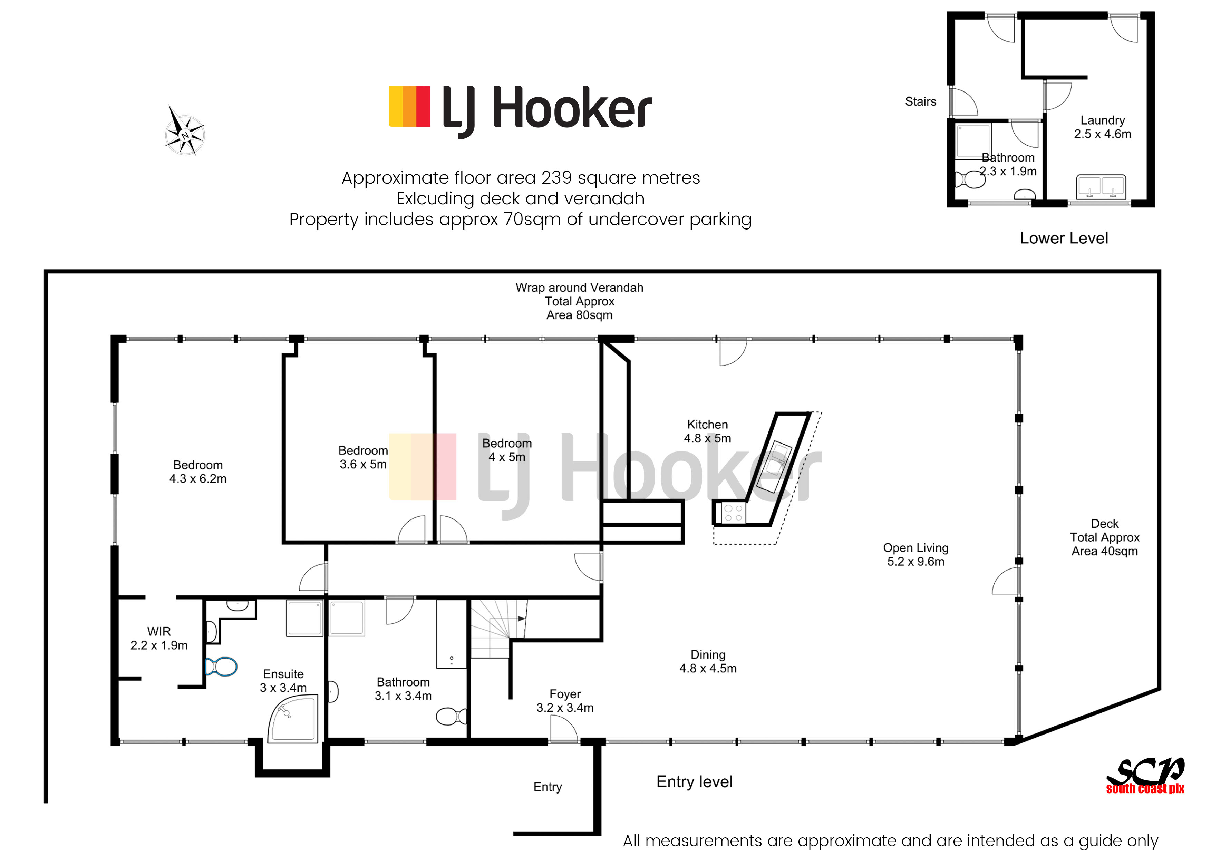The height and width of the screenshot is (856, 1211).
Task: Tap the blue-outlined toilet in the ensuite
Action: [x=222, y=667]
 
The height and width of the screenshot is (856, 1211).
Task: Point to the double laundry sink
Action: [x=1101, y=187]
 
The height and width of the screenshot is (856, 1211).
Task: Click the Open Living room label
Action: [x=915, y=554]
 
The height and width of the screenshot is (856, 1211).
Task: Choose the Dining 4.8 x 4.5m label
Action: [x=708, y=661]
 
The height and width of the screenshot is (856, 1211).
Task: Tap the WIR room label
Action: [x=159, y=638]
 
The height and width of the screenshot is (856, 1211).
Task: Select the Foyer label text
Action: [x=565, y=694]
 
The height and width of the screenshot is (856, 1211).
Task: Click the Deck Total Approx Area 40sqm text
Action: [x=1104, y=537]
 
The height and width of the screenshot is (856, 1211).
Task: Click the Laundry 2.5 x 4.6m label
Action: [x=1102, y=127]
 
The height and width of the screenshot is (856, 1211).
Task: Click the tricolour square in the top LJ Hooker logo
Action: [x=409, y=107]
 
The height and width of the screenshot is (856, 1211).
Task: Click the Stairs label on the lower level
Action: [x=920, y=102]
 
